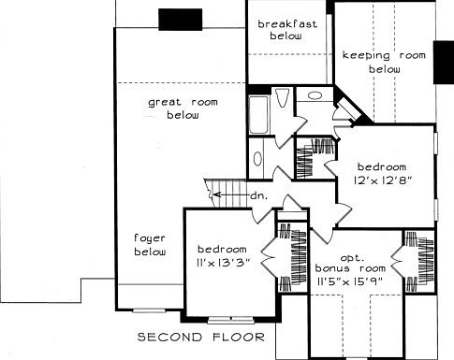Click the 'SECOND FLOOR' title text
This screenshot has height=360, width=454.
coord(200,338)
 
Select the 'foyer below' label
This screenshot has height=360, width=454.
coord(149,245)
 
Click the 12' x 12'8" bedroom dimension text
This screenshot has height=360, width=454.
coord(384,172)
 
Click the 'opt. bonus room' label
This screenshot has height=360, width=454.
coord(353,261)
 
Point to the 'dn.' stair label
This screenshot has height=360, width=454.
coord(258,195)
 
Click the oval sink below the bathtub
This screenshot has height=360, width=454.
coord(258,158)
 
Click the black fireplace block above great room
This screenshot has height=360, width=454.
coord(175,19)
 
